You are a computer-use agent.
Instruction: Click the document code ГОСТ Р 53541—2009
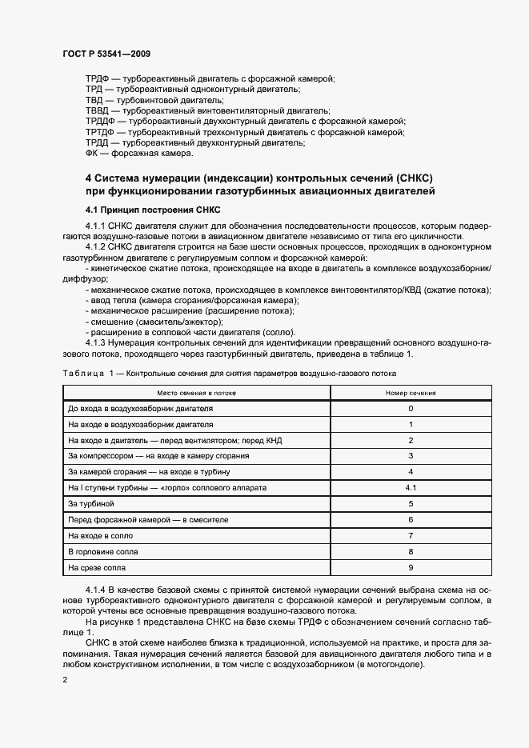tap(106, 54)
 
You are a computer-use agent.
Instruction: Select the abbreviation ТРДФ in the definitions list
tap(97, 79)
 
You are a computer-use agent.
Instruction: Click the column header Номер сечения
tap(410, 393)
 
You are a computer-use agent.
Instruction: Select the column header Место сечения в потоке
tap(196, 393)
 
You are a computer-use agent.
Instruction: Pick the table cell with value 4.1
tap(410, 487)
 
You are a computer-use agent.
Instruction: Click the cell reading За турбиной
tap(92, 503)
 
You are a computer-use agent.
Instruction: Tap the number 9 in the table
tap(410, 567)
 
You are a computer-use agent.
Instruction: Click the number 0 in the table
tap(410, 408)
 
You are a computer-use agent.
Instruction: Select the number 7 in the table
tap(410, 535)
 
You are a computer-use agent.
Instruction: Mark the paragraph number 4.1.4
tap(96, 590)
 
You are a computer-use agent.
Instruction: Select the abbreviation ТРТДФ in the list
tap(100, 131)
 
